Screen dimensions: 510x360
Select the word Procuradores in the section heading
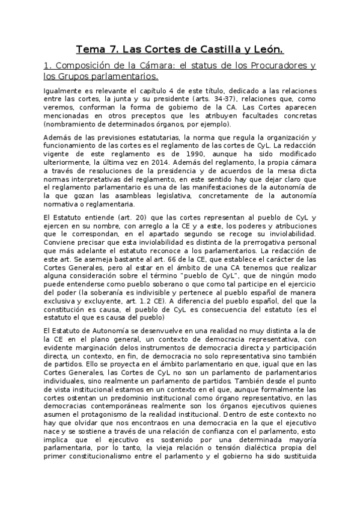pos(273,66)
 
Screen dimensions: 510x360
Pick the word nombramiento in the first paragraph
pos(72,124)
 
